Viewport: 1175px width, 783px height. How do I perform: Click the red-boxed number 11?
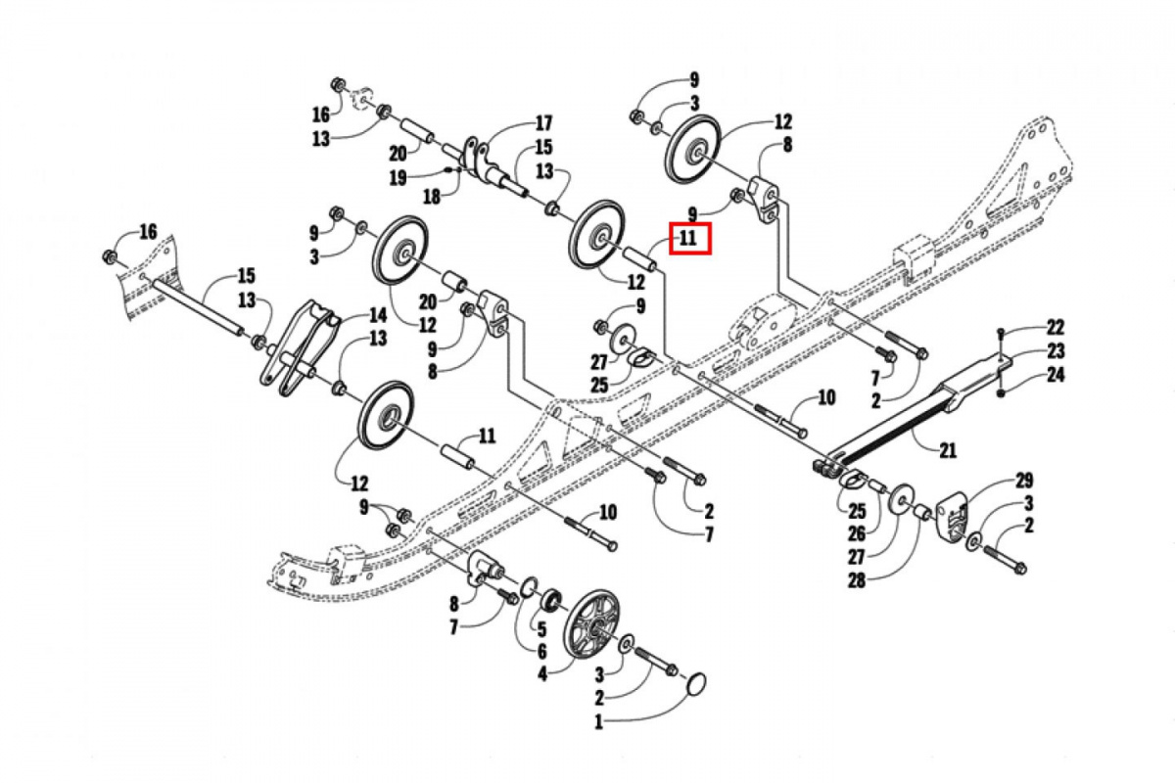click(687, 237)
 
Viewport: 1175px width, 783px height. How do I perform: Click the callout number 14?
click(377, 315)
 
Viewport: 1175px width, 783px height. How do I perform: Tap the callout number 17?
click(543, 124)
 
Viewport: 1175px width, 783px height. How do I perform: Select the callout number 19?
click(397, 178)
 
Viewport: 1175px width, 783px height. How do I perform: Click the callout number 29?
click(1024, 480)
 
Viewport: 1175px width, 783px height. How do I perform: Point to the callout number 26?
click(859, 534)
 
